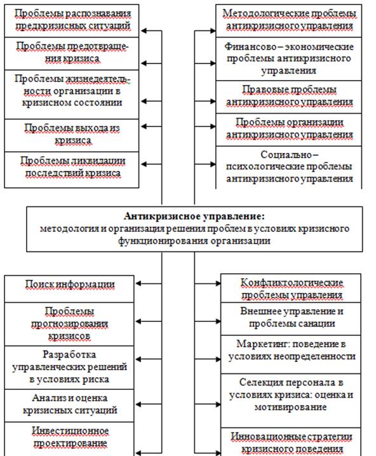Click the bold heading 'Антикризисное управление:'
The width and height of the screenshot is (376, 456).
click(x=194, y=217)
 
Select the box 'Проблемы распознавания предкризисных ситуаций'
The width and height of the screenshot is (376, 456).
click(x=72, y=21)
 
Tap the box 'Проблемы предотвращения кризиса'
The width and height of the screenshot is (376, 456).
click(x=72, y=53)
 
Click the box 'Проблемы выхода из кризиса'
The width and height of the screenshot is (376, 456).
click(x=72, y=135)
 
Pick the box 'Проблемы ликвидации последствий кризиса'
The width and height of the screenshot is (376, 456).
click(x=72, y=170)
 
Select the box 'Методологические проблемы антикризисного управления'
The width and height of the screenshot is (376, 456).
click(x=289, y=21)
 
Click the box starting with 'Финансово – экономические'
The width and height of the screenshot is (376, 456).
click(x=289, y=58)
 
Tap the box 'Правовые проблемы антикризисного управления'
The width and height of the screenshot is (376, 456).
click(x=289, y=97)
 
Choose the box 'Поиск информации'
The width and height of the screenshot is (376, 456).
click(x=69, y=289)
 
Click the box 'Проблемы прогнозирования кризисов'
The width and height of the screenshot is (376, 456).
click(x=69, y=325)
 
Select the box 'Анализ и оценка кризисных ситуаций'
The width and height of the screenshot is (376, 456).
click(x=69, y=406)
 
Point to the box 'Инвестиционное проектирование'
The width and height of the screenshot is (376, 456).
click(x=69, y=439)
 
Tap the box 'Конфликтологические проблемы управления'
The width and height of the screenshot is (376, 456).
click(x=291, y=288)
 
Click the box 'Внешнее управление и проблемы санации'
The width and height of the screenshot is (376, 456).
click(x=291, y=319)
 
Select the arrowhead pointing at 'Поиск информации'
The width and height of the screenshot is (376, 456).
click(x=138, y=283)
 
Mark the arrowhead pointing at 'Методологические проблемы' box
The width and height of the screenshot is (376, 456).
click(x=213, y=30)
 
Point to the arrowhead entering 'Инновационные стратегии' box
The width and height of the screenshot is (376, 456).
click(x=218, y=453)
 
